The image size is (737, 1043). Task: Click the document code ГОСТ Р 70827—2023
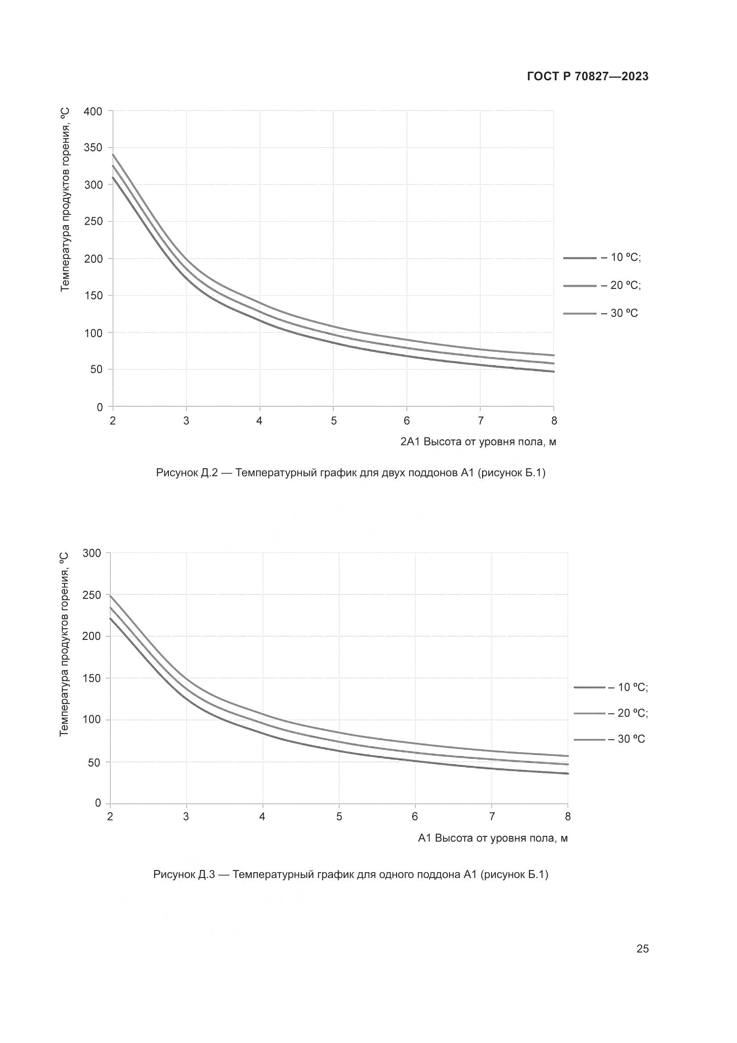click(x=587, y=77)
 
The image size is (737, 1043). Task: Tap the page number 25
click(x=642, y=949)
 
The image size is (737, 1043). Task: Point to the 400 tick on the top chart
click(x=93, y=111)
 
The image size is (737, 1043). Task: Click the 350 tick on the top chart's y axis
click(x=93, y=148)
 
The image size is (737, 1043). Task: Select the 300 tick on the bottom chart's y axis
click(x=92, y=553)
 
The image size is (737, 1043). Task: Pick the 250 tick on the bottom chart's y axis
click(x=92, y=595)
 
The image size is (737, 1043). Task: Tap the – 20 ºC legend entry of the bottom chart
click(x=611, y=713)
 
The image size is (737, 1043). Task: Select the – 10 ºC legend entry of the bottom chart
click(x=611, y=687)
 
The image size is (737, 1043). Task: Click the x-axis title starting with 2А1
click(x=478, y=442)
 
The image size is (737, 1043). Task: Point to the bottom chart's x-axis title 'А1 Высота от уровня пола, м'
click(x=492, y=838)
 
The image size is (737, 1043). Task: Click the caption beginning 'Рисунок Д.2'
click(x=350, y=473)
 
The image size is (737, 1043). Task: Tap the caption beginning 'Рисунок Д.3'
click(x=350, y=874)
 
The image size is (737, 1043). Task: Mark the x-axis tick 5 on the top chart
click(x=334, y=421)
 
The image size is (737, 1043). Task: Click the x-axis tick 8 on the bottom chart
click(x=568, y=817)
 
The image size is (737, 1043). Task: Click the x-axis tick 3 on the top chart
click(x=186, y=421)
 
